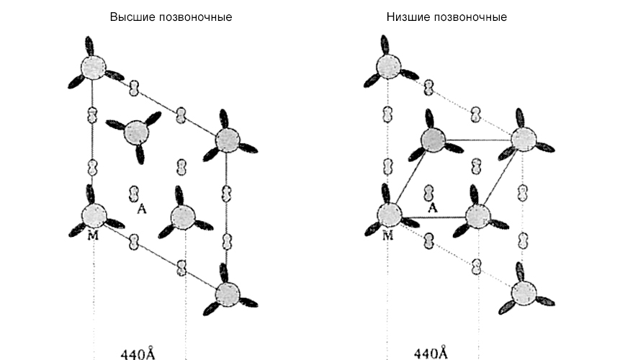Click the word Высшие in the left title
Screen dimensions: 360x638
pos(129,17)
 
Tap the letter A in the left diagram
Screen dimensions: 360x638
pos(142,209)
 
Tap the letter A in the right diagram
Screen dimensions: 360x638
pos(433,208)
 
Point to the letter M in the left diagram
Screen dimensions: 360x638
pos(94,236)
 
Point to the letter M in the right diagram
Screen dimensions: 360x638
pos(388,236)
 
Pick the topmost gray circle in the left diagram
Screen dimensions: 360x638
pos(91,68)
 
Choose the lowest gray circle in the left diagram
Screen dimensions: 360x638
pos(228,293)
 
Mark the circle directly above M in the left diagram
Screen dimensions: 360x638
pos(92,215)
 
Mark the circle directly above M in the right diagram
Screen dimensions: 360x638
pos(389,215)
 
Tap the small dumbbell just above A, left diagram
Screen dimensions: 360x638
pos(134,193)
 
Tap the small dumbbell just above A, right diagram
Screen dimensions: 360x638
pos(430,193)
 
